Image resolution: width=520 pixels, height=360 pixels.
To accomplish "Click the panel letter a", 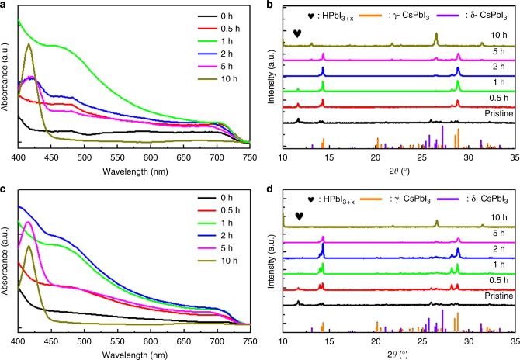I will point(5,5).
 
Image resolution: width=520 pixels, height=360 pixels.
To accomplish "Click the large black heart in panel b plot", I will point(298,34).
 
